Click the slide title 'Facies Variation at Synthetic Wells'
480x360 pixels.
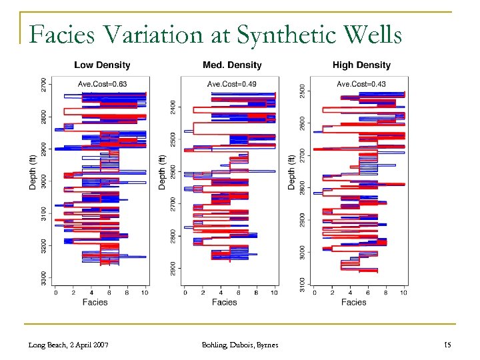[215, 34]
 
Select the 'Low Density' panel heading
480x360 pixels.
[102, 65]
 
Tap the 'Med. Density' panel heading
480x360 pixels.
[231, 65]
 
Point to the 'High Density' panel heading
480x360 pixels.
[361, 65]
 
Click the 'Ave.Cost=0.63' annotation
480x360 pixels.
[101, 84]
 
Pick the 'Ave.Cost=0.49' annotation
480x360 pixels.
[231, 84]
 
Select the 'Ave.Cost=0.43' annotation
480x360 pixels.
[361, 84]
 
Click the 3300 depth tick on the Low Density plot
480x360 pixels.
[44, 279]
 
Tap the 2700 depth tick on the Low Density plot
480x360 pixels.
[44, 85]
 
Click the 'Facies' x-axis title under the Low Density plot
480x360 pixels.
[95, 302]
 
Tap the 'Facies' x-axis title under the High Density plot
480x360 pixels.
[353, 302]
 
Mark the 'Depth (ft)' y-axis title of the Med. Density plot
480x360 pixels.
[163, 172]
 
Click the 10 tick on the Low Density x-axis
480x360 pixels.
[145, 292]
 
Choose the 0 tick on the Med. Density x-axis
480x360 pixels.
[185, 292]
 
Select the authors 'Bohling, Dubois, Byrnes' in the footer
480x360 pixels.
[239, 344]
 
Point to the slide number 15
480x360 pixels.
[447, 344]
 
